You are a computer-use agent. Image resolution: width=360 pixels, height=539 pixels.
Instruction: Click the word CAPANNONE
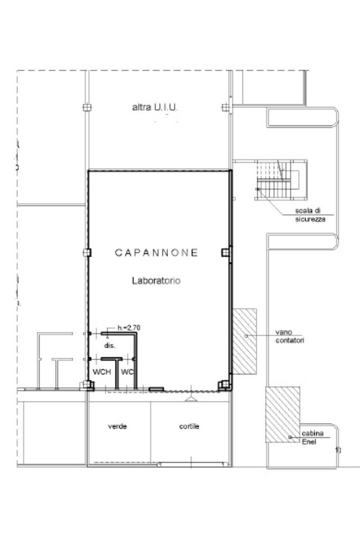pos(157,253)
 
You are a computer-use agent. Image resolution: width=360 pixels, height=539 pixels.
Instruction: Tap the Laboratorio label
pos(156,281)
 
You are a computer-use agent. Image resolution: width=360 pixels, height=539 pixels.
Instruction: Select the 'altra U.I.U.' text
pos(155,107)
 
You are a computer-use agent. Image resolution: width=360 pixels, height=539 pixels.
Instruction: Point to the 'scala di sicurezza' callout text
pos(310,215)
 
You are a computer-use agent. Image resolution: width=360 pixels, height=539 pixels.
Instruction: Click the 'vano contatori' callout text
pos(289,337)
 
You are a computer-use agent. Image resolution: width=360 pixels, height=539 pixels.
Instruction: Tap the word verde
pos(117,426)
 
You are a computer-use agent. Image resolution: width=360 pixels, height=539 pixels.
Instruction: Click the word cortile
pos(189,426)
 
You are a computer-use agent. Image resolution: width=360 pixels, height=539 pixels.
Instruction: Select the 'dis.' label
pos(110,346)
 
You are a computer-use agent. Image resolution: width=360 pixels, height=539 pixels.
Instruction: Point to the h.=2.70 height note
pos(129,328)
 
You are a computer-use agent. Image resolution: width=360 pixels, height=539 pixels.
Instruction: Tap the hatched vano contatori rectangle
pos(245,341)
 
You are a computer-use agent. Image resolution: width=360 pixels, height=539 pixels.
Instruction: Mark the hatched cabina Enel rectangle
pos(283,414)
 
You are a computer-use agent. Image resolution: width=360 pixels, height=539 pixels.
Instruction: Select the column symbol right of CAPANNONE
pos(226,252)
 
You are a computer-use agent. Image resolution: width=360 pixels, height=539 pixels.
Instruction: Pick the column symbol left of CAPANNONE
pos(87,252)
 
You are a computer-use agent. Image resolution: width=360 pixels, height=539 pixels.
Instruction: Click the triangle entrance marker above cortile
pos(190,399)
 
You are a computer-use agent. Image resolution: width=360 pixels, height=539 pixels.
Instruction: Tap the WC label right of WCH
pos(127,372)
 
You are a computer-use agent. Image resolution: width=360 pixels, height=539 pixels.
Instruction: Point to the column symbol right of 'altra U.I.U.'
pos(226,107)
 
